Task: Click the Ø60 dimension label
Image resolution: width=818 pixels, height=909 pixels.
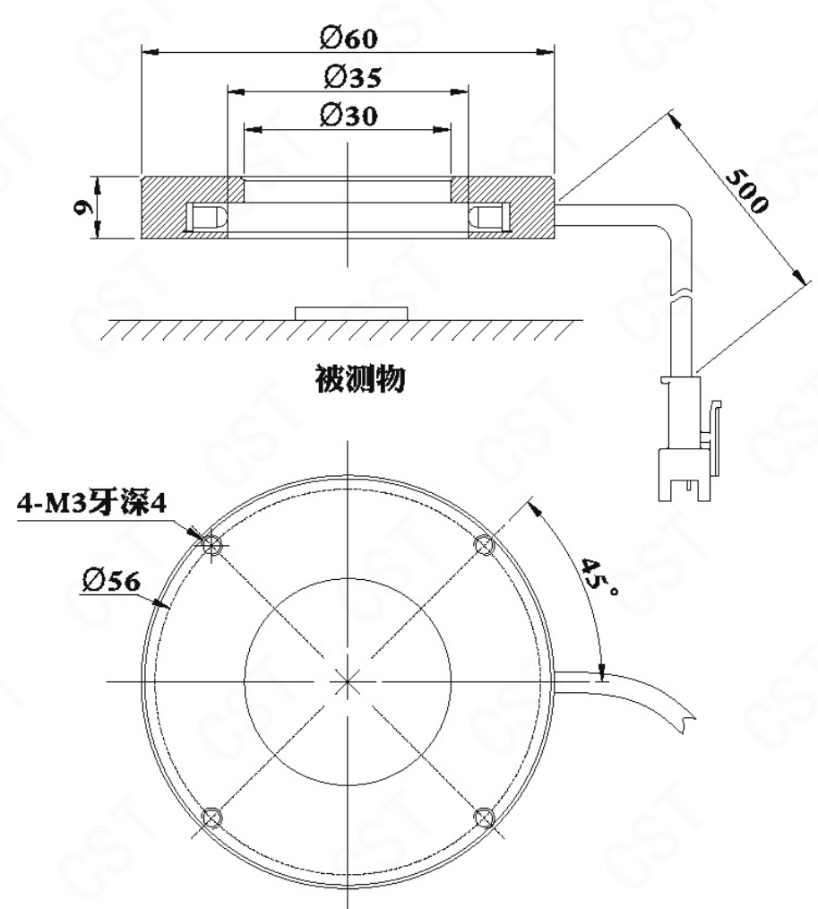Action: pos(349,39)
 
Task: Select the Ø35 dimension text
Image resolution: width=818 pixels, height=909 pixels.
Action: pos(353,77)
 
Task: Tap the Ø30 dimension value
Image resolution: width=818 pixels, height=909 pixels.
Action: pos(349,116)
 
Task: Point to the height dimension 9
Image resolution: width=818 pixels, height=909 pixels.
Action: pos(84,207)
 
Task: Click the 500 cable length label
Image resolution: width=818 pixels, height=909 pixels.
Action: pos(746,191)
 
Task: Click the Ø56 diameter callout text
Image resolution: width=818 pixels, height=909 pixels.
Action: pos(111,580)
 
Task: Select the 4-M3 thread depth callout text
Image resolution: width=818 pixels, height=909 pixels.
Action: pos(91,503)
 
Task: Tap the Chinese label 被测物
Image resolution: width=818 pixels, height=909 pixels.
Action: pos(360,379)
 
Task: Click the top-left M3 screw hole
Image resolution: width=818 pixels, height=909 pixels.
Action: pos(212,544)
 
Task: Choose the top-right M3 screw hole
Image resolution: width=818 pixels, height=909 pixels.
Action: pos(484,545)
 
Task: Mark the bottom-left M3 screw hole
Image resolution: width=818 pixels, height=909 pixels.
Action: pos(211,818)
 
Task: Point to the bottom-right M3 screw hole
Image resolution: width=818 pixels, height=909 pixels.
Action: pos(484,818)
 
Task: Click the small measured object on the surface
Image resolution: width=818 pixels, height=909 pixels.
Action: pos(351,314)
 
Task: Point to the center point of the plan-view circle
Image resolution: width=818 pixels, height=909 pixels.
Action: pos(348,681)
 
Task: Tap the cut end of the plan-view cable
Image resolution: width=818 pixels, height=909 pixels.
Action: pos(688,722)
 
